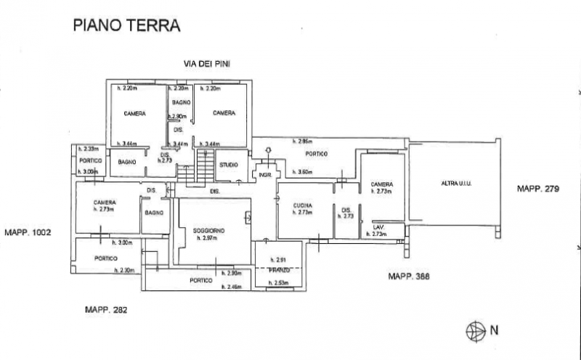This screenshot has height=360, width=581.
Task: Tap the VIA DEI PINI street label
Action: point(206,65)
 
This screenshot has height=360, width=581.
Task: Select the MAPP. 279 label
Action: point(537,189)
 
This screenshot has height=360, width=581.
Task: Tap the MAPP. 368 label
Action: point(411,276)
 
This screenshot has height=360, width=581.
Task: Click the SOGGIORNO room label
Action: point(208,230)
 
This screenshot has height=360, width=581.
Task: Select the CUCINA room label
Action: point(302,205)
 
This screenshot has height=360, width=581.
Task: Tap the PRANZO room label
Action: point(279,270)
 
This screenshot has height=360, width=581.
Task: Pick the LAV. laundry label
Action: point(378,226)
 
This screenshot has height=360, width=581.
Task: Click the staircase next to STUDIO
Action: point(205,170)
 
